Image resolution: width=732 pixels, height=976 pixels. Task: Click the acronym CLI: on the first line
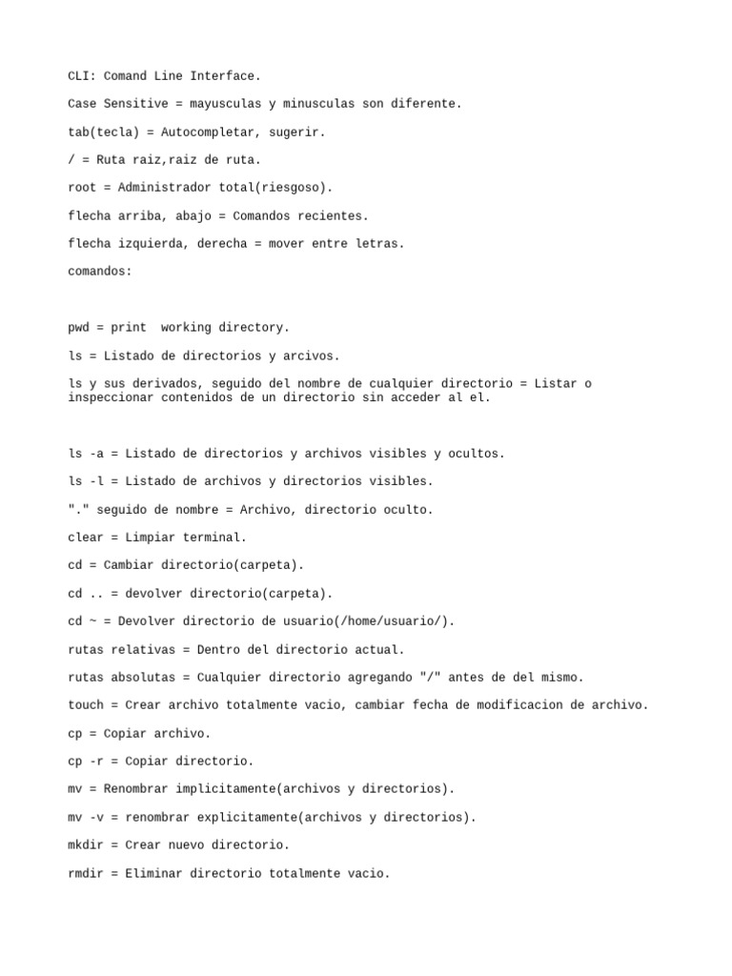pyautogui.click(x=82, y=75)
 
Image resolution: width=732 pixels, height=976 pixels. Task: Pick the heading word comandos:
pyautogui.click(x=100, y=271)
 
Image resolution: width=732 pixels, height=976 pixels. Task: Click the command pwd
pyautogui.click(x=78, y=327)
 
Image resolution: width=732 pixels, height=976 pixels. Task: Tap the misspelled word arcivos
pyautogui.click(x=307, y=356)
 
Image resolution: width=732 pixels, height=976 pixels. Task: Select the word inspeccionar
pyautogui.click(x=111, y=397)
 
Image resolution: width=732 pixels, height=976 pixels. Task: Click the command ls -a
pyautogui.click(x=86, y=454)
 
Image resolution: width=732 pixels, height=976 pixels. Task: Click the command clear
pyautogui.click(x=86, y=538)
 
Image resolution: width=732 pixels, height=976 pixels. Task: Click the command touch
pyautogui.click(x=86, y=705)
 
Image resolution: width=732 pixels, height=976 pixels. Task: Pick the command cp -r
pyautogui.click(x=86, y=762)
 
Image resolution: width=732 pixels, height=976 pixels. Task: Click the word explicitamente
pyautogui.click(x=247, y=817)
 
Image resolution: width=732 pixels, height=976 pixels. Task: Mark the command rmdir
pyautogui.click(x=86, y=873)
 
